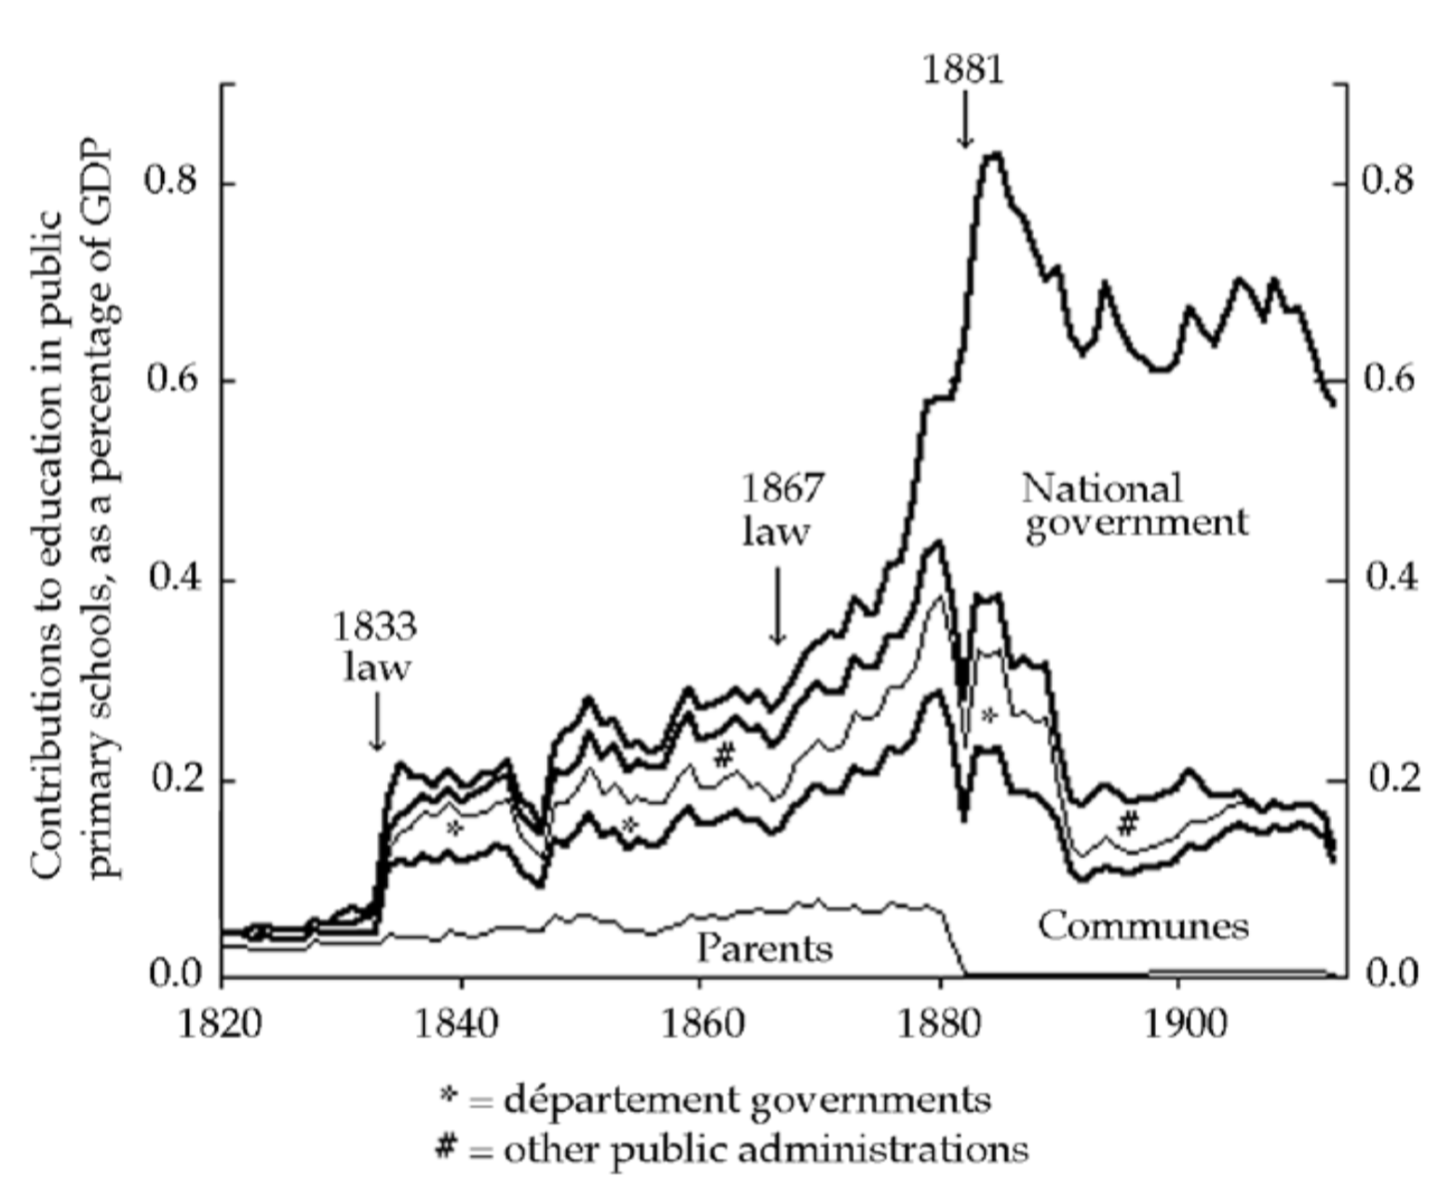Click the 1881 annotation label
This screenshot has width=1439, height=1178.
click(963, 69)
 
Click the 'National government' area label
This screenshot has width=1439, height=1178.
click(1134, 505)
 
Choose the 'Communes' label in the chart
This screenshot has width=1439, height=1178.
click(1143, 926)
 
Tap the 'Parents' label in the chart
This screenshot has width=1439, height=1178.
click(764, 948)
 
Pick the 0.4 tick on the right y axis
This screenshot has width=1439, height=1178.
click(1391, 579)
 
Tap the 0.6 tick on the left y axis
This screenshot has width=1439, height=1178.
click(174, 380)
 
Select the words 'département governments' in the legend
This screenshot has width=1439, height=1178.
click(746, 1101)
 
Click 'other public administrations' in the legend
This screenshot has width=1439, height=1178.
click(765, 1149)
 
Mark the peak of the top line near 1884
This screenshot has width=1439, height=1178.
click(995, 154)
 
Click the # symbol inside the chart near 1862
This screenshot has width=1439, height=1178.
click(724, 755)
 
